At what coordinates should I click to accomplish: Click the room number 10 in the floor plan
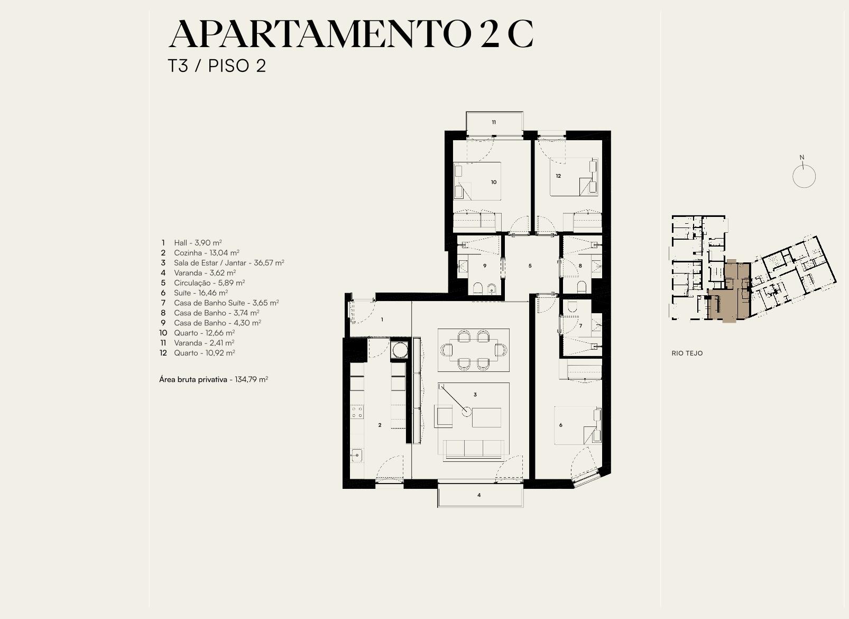(x=493, y=182)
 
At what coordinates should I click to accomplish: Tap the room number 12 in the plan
(x=558, y=176)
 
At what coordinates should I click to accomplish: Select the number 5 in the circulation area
(x=530, y=266)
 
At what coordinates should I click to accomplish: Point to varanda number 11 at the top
(x=494, y=122)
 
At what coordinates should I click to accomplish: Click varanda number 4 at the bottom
(x=479, y=495)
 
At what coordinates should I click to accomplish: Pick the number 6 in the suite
(x=560, y=425)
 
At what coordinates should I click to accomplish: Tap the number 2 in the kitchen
(x=380, y=425)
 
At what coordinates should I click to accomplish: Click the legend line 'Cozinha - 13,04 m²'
(x=207, y=252)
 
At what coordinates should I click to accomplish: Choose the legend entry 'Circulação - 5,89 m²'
(x=209, y=283)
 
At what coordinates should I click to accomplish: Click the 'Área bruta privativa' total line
(x=214, y=379)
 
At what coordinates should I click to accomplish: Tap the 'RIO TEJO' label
(x=687, y=353)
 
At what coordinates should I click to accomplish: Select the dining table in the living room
(x=474, y=350)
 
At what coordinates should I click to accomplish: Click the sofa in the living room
(x=473, y=450)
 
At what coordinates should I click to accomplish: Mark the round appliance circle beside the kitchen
(x=400, y=350)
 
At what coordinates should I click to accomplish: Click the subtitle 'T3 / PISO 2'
(x=217, y=66)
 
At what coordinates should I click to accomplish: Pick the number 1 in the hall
(x=382, y=320)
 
